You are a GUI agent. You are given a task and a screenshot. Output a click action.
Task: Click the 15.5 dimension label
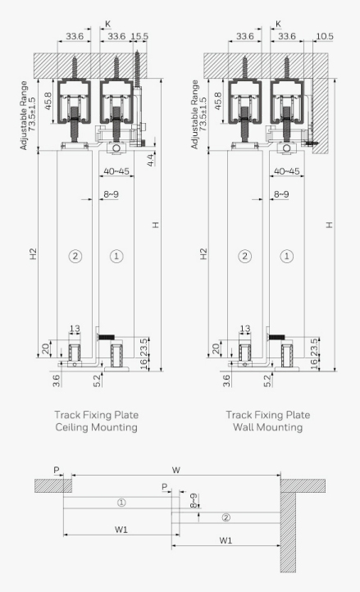(139, 36)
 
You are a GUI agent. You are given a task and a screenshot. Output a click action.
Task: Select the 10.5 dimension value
(325, 36)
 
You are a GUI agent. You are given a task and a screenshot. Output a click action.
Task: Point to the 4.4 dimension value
(150, 160)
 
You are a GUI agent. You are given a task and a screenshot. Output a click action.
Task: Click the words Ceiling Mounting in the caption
(96, 427)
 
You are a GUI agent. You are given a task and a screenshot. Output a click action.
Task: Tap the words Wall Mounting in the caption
(268, 427)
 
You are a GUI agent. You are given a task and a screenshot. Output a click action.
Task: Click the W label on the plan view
(176, 470)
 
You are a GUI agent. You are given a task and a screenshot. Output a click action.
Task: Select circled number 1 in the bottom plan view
(121, 503)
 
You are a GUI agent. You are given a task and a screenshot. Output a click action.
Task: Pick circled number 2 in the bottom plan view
(226, 517)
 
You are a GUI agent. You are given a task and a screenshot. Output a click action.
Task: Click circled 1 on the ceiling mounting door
(116, 256)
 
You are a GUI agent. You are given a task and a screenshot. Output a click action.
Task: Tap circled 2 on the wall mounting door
(245, 256)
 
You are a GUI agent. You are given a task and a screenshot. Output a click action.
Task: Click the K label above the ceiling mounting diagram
(107, 24)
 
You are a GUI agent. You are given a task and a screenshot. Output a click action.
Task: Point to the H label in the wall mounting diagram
(330, 225)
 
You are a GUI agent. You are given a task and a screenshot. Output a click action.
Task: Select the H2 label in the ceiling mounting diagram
(34, 253)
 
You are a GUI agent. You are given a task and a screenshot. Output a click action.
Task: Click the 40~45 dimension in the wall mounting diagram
(287, 171)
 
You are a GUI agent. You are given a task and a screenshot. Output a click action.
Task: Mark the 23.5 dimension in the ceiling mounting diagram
(144, 347)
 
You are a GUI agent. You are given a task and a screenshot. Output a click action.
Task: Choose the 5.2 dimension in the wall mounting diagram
(267, 380)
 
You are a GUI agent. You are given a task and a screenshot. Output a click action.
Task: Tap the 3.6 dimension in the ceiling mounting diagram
(57, 380)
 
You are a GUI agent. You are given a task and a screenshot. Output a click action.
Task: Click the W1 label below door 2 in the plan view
(226, 540)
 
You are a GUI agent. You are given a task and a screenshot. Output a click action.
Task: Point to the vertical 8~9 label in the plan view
(193, 501)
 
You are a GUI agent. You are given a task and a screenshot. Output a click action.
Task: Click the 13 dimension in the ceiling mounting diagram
(75, 329)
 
